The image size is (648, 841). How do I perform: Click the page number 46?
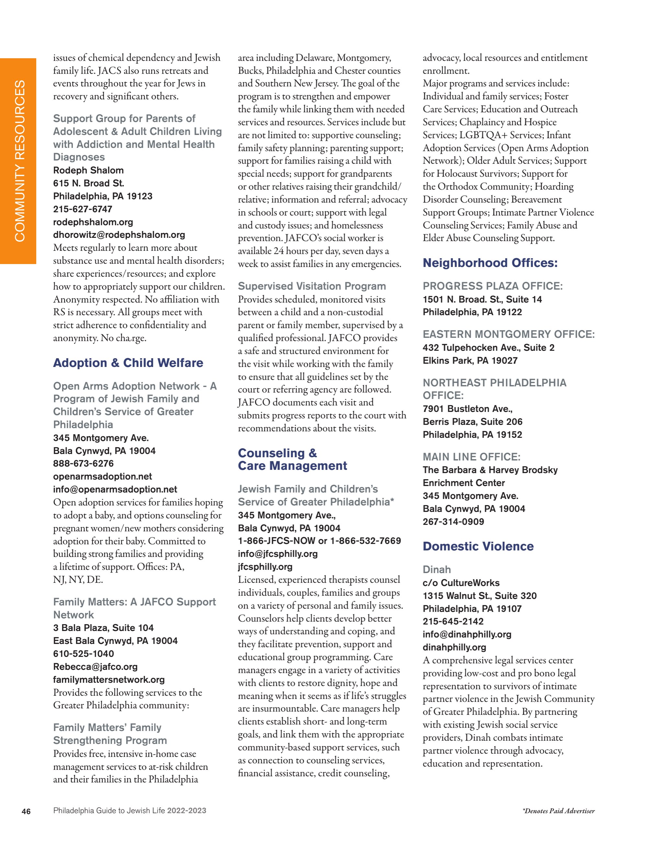click(x=26, y=811)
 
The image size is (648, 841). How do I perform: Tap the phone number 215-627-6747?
click(x=83, y=209)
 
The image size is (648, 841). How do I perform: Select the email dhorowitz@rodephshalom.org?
click(x=119, y=235)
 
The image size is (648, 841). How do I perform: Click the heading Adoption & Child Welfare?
click(x=128, y=363)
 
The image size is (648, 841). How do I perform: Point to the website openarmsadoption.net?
click(x=103, y=476)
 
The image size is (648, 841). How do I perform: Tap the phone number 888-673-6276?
click(x=83, y=464)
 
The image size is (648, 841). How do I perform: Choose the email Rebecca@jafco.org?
click(x=95, y=667)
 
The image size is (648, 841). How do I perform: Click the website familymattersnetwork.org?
click(x=109, y=680)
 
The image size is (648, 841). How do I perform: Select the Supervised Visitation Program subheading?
click(x=312, y=286)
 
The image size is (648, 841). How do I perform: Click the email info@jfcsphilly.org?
click(x=278, y=554)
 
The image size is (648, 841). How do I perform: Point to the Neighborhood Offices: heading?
click(x=490, y=263)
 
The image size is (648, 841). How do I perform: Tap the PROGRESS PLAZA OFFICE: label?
click(x=492, y=286)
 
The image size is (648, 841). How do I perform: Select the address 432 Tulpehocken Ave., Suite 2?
click(x=488, y=348)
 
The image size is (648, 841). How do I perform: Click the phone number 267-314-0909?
click(x=453, y=522)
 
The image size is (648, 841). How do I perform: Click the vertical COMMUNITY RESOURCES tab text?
click(x=20, y=161)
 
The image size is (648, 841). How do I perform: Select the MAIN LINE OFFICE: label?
click(x=471, y=457)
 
